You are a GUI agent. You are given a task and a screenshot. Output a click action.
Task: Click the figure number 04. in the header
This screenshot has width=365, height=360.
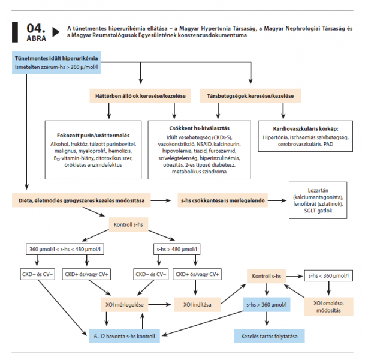coord(35,28)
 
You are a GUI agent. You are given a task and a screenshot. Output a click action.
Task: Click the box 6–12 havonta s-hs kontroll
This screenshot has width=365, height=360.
coord(124,336)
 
